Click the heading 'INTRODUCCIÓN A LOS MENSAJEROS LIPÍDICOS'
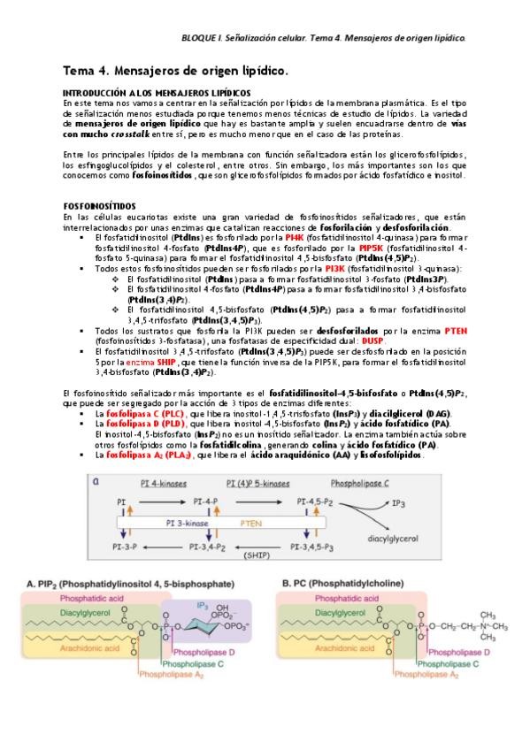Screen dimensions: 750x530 pos(157,93)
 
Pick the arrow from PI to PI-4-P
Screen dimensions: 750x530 pos(163,501)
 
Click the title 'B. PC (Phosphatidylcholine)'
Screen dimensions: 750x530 pos(350,584)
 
